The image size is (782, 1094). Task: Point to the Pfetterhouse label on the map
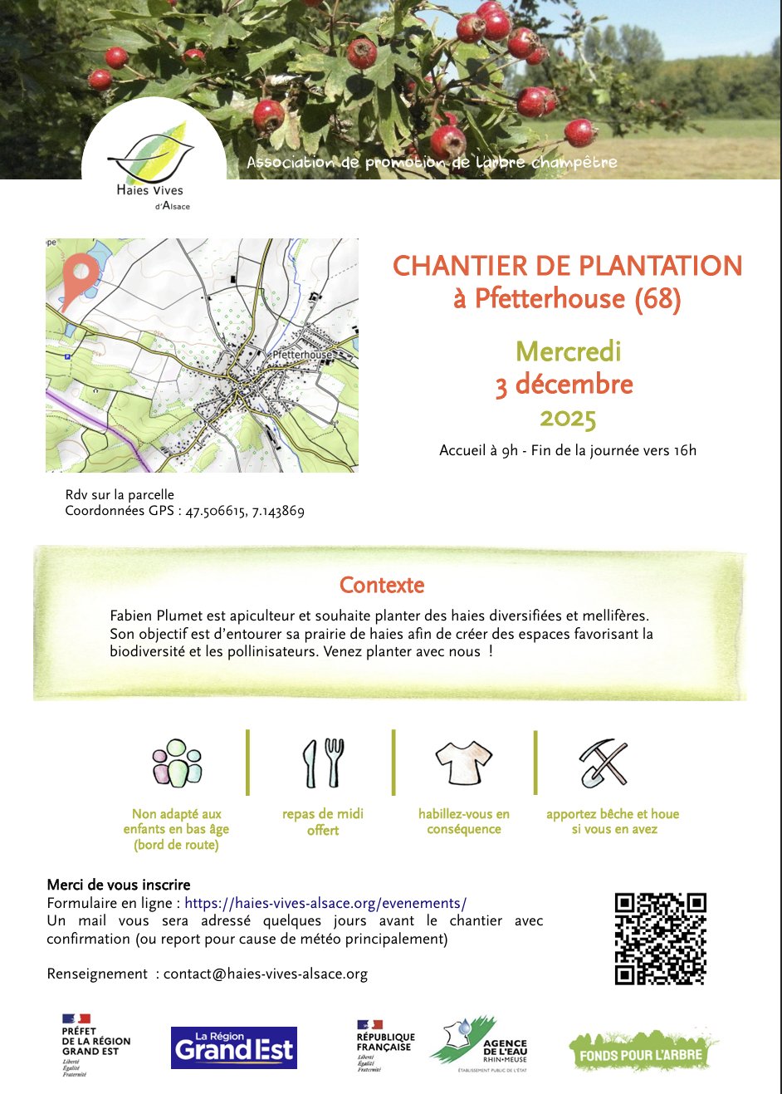(x=302, y=355)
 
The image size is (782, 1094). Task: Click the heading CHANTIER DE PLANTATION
(x=567, y=266)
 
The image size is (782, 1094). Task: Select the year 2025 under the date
(x=568, y=417)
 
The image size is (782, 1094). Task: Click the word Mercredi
(x=568, y=351)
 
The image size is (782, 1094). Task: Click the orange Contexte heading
(x=382, y=585)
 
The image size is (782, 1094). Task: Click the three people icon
(x=177, y=763)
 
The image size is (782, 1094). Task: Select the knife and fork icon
(x=323, y=763)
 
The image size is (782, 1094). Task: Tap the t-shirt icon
(x=463, y=762)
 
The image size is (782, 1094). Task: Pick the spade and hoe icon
(x=604, y=763)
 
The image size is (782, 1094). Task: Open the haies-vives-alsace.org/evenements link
(x=325, y=903)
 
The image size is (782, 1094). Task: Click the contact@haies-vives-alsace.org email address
(x=265, y=974)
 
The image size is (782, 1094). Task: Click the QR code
(x=660, y=939)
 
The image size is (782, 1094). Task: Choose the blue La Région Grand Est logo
(x=233, y=1047)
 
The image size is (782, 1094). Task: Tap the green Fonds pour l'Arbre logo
(x=641, y=1051)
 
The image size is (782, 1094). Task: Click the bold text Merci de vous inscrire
(x=119, y=885)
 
